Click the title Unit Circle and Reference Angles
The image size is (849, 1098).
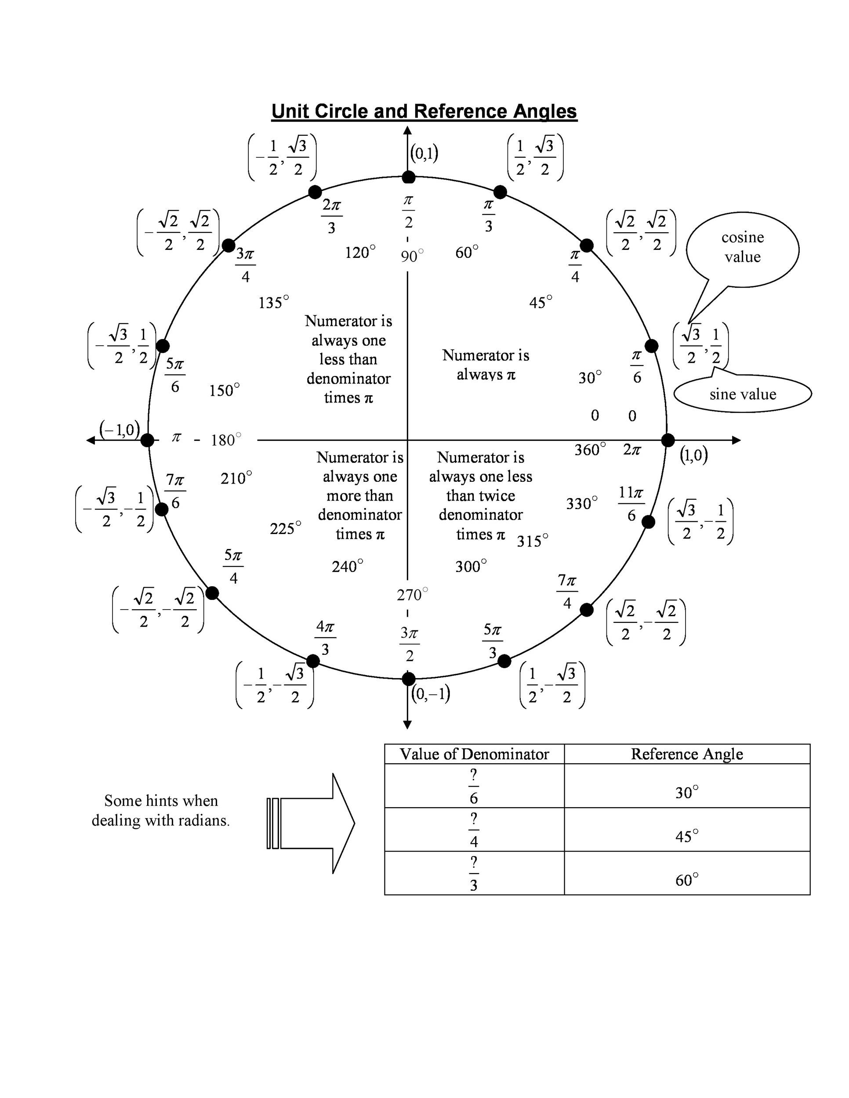(424, 111)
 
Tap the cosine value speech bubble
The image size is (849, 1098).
(742, 247)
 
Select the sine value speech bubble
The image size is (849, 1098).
(742, 394)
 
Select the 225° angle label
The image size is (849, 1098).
(285, 528)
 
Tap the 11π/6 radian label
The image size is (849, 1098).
(631, 504)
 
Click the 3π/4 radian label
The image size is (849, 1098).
(246, 265)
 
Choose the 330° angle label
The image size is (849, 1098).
(581, 503)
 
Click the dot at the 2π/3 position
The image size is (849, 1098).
(315, 192)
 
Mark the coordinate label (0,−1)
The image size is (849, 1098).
(431, 694)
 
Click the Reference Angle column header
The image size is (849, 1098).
(686, 754)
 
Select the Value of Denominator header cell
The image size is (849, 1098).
(474, 754)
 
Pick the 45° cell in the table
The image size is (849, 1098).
(686, 836)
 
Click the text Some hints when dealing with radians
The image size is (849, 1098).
(160, 810)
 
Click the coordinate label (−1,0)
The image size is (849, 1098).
(120, 430)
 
